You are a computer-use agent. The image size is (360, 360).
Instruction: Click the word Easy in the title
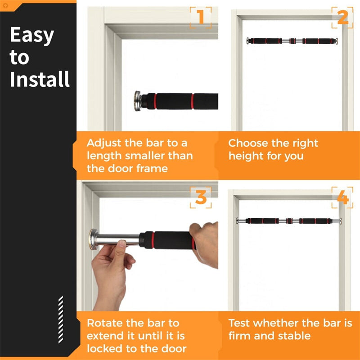[x=31, y=36]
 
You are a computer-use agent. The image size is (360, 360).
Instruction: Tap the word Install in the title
[x=40, y=79]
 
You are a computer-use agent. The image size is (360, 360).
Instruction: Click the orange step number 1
[x=200, y=18]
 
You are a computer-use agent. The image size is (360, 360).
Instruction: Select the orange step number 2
[x=342, y=18]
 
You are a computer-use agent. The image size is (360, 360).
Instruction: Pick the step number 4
[x=342, y=198]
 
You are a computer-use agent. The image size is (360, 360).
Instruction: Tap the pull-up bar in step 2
[x=292, y=41]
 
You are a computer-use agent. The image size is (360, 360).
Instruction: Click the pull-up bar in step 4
[x=288, y=221]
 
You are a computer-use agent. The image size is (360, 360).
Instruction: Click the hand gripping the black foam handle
[x=205, y=243]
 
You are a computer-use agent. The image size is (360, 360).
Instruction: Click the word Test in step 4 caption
[x=239, y=323]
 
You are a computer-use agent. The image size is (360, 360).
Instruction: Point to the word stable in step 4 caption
[x=294, y=336]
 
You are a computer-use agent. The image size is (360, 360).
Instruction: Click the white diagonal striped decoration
[x=61, y=319]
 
